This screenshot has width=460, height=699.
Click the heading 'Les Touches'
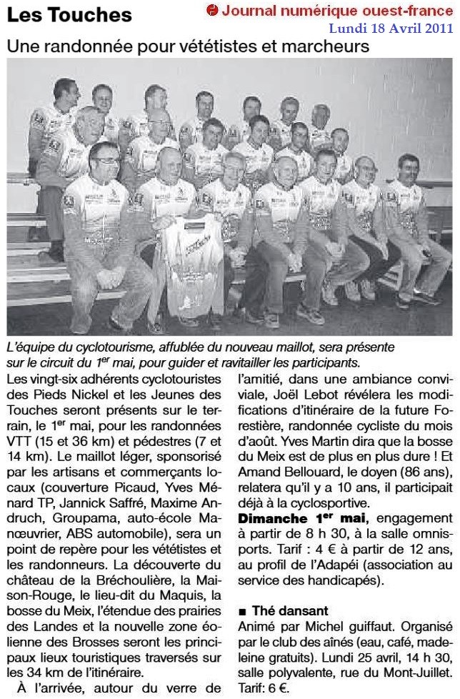point(69,15)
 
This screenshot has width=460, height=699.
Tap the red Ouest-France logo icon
point(212,10)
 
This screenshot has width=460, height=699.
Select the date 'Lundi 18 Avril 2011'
point(391,28)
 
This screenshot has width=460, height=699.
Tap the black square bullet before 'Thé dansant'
point(243,612)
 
